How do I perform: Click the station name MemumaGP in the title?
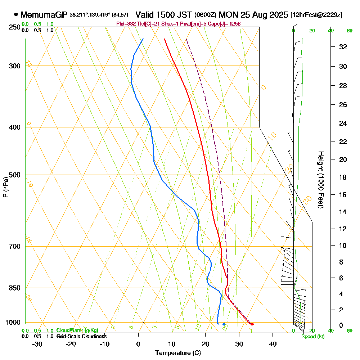pos(44,15)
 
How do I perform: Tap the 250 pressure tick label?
pos(13,27)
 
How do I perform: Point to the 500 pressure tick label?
pos(13,175)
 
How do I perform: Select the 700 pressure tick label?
pos(13,247)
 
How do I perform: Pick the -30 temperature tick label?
pos(37,344)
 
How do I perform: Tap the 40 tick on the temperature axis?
pos(273,344)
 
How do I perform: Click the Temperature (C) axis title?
pos(178,353)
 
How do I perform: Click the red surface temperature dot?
pos(252,324)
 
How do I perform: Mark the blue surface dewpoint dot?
pos(224,324)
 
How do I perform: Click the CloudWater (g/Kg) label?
pos(77,330)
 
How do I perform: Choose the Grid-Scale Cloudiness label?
pos(81,336)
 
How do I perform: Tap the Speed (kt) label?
pos(313,337)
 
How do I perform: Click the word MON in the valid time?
pos(229,15)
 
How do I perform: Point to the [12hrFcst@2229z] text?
pos(316,15)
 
